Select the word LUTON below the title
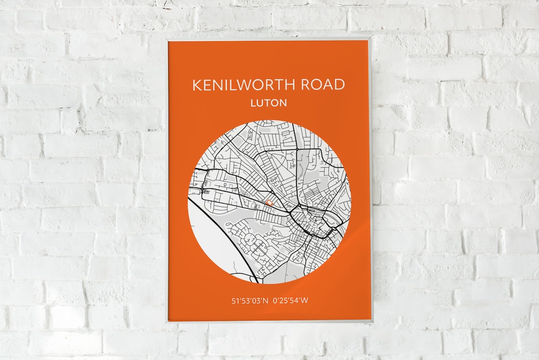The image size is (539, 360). click(x=269, y=103)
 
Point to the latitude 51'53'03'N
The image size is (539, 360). click(x=250, y=301)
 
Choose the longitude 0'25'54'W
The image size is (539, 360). click(x=291, y=301)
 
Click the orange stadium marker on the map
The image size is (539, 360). click(x=269, y=202)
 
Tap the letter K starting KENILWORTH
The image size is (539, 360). click(x=197, y=85)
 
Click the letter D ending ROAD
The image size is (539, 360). click(x=339, y=85)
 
